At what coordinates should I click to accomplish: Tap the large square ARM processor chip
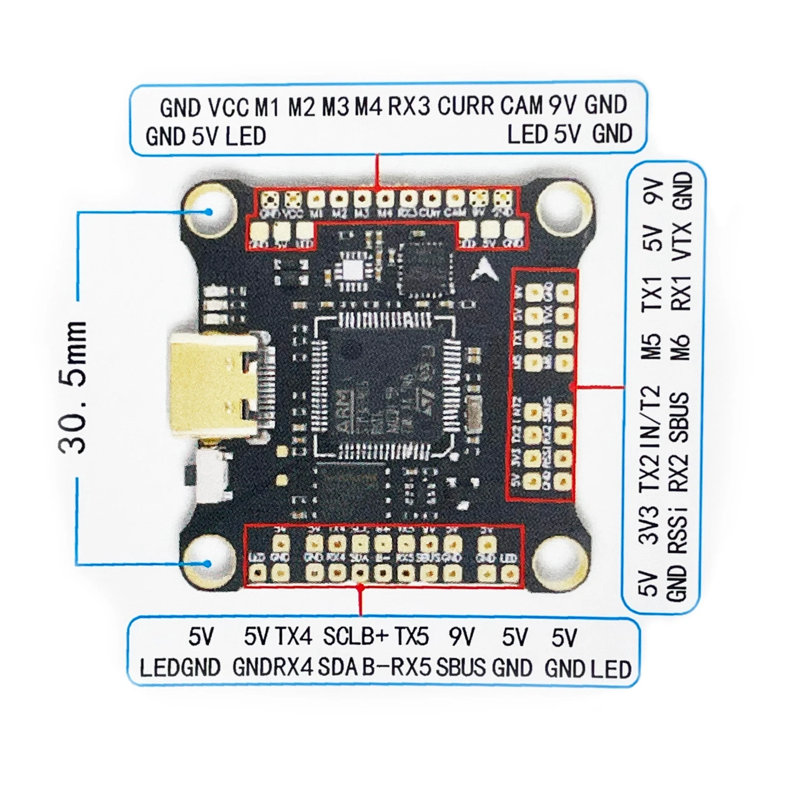[384, 381]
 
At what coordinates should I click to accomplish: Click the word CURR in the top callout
[466, 106]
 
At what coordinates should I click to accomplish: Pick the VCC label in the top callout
[228, 107]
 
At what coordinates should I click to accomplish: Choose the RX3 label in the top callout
[408, 106]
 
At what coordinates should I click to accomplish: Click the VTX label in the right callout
[682, 242]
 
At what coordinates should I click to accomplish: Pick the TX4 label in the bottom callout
[294, 636]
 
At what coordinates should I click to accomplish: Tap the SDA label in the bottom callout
[338, 668]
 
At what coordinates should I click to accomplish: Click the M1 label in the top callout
[267, 107]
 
